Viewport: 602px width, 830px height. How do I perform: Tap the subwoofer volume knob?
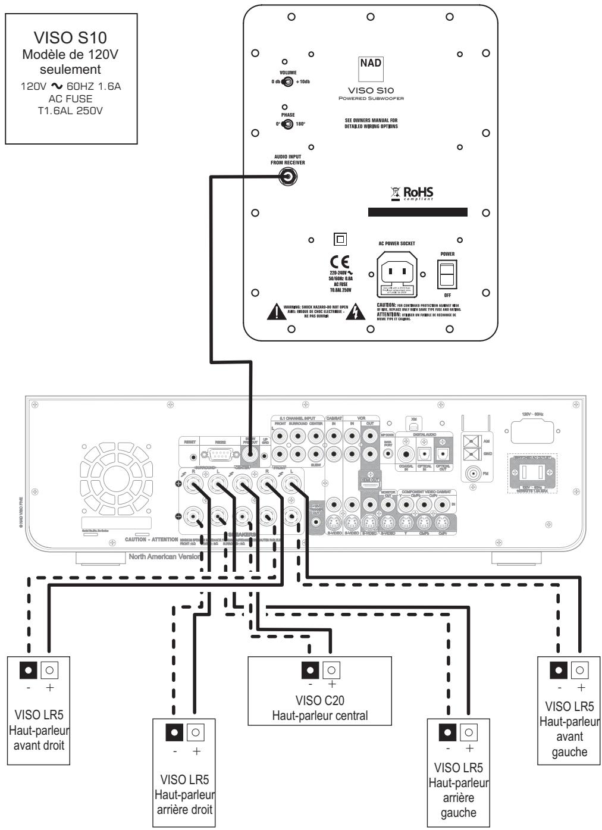(x=287, y=82)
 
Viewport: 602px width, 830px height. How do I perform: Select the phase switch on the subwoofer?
(x=287, y=124)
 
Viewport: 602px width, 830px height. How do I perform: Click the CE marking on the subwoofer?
(x=343, y=262)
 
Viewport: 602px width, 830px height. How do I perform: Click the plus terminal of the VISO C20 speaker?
(x=331, y=670)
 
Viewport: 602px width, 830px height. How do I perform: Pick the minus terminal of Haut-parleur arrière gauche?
(x=449, y=732)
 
